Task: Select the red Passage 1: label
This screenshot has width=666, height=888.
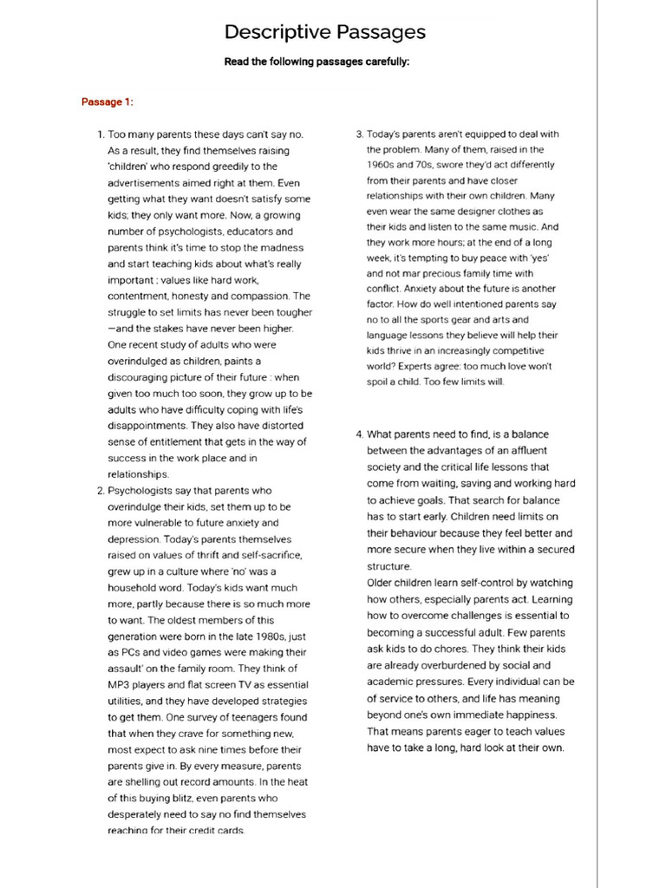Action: (x=108, y=102)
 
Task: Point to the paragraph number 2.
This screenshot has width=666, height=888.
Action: (x=100, y=490)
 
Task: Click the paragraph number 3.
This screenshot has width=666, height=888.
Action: (x=360, y=134)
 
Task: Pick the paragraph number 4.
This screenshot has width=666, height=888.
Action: (x=360, y=434)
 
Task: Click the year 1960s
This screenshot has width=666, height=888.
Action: (x=383, y=165)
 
